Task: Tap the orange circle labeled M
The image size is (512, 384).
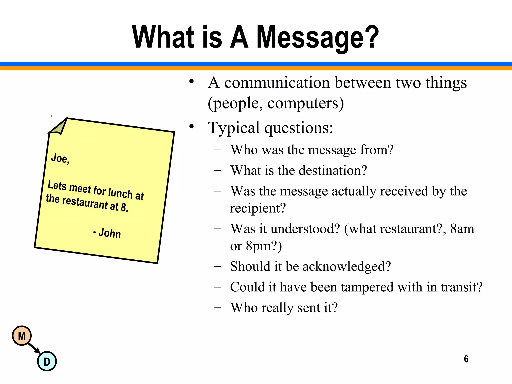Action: click(22, 336)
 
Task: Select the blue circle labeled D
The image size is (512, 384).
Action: click(47, 361)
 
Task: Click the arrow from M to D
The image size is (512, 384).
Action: click(34, 348)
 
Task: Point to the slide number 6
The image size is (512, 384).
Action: click(466, 359)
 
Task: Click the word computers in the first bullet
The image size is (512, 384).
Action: click(305, 103)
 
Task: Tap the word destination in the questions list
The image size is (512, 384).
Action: click(333, 170)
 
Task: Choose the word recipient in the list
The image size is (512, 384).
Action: click(258, 208)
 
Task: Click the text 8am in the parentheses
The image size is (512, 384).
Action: click(462, 229)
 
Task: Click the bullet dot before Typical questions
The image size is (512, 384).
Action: click(192, 127)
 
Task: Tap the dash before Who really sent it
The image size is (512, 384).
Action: click(218, 307)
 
